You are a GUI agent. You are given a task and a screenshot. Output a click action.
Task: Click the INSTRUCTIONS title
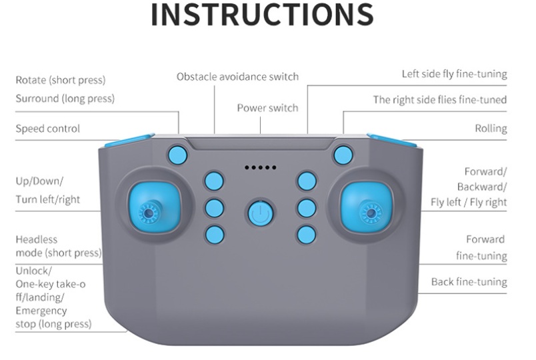(x=262, y=15)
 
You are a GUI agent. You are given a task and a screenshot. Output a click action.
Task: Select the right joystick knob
(x=367, y=208)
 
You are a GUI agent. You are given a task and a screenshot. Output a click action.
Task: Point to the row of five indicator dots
(x=261, y=167)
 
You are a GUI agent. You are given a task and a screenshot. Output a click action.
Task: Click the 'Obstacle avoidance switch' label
(x=237, y=77)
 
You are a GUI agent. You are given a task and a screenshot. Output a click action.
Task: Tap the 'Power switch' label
(x=267, y=108)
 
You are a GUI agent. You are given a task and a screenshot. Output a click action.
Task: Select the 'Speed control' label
(x=47, y=129)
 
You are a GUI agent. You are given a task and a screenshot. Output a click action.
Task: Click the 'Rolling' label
(x=491, y=129)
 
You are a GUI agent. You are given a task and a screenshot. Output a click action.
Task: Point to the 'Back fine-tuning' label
(x=469, y=282)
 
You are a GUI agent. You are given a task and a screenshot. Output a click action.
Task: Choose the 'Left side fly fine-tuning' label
(x=454, y=74)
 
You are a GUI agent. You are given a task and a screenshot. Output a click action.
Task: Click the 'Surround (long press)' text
(x=65, y=99)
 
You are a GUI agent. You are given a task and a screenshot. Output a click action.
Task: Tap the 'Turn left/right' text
(x=47, y=199)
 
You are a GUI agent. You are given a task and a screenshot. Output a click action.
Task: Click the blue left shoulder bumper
(x=129, y=140)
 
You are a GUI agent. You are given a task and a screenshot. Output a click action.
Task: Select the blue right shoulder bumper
(x=392, y=140)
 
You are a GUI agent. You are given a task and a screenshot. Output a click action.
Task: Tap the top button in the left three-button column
(x=214, y=181)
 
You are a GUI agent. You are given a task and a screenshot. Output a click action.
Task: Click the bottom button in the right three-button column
(x=307, y=235)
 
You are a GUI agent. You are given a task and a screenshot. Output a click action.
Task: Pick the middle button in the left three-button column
(x=214, y=208)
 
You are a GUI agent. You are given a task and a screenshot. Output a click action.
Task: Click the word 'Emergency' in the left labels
(x=41, y=311)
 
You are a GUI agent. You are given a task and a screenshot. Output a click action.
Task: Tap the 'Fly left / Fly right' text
(x=469, y=202)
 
